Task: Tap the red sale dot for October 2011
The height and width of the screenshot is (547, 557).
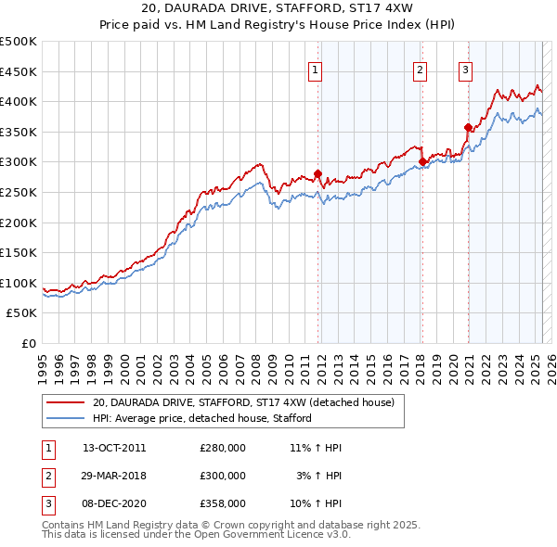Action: click(317, 173)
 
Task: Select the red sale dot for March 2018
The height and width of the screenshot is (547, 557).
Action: click(422, 161)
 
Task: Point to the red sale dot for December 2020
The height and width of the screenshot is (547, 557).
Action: click(468, 127)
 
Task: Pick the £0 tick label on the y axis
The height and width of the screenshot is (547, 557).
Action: click(28, 343)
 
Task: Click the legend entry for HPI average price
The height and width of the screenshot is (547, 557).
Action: click(201, 418)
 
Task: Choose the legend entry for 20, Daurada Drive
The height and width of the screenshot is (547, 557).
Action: click(243, 402)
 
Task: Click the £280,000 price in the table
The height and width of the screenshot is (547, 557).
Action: click(223, 448)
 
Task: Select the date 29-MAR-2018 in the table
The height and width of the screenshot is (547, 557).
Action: click(114, 475)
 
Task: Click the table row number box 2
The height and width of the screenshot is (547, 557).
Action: click(46, 475)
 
